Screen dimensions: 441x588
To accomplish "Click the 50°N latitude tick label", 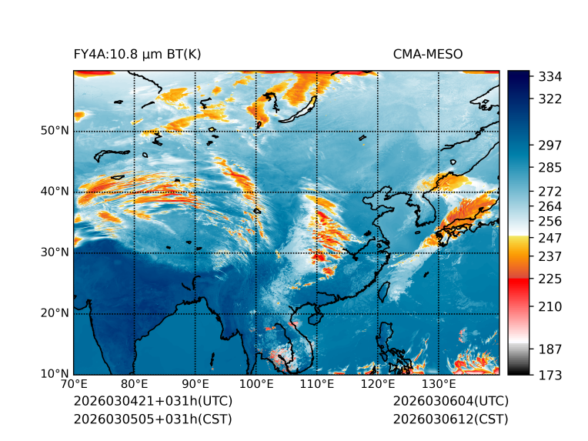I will click(54, 131).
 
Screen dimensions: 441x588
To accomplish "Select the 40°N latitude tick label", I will click(54, 192).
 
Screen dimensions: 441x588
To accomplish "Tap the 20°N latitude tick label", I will click(54, 313).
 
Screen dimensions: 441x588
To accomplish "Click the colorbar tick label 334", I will click(550, 76).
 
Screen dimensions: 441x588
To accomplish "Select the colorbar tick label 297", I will click(550, 145).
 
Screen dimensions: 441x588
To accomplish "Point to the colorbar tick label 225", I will click(550, 278).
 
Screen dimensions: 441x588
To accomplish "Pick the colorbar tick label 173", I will click(550, 375).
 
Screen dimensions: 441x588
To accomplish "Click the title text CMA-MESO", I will click(427, 54).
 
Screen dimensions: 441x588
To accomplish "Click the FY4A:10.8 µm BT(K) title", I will click(137, 54).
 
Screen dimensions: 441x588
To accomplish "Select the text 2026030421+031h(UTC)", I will click(152, 402).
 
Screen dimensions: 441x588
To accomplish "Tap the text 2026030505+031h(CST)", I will click(152, 419).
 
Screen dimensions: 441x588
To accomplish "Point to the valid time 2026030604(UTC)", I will click(450, 402).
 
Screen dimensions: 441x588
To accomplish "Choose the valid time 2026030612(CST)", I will click(450, 419).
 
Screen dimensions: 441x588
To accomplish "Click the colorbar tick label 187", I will click(550, 349).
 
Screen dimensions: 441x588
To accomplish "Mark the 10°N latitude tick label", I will click(54, 374).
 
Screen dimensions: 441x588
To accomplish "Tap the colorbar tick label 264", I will click(550, 206).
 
